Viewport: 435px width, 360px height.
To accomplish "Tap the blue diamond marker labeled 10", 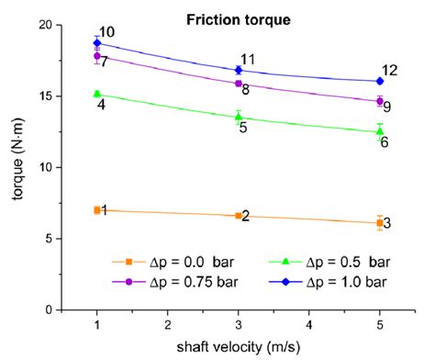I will [97, 43].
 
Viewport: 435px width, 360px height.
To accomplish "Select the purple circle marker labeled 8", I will [239, 84].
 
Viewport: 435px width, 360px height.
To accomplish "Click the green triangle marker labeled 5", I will [239, 117].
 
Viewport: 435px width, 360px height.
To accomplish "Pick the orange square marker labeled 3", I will [380, 222].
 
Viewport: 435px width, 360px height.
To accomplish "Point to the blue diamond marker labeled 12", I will [380, 81].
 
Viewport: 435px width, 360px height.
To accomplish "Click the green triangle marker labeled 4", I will [97, 94].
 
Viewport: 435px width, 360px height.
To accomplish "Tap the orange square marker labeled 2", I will [239, 216].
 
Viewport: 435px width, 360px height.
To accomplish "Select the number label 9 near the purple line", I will [386, 107].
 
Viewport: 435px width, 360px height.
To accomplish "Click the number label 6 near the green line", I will [385, 142].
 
